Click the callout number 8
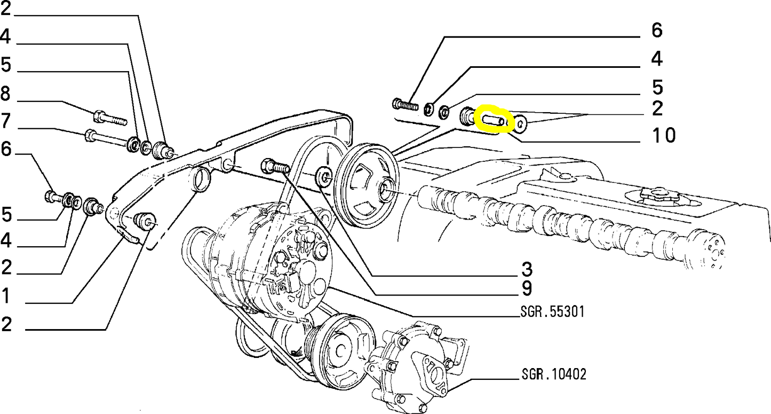pyautogui.click(x=5, y=95)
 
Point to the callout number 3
pyautogui.click(x=526, y=268)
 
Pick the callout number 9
pyautogui.click(x=526, y=289)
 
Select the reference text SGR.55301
pyautogui.click(x=552, y=311)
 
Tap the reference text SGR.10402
pyautogui.click(x=553, y=374)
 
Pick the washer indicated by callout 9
pyautogui.click(x=323, y=177)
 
